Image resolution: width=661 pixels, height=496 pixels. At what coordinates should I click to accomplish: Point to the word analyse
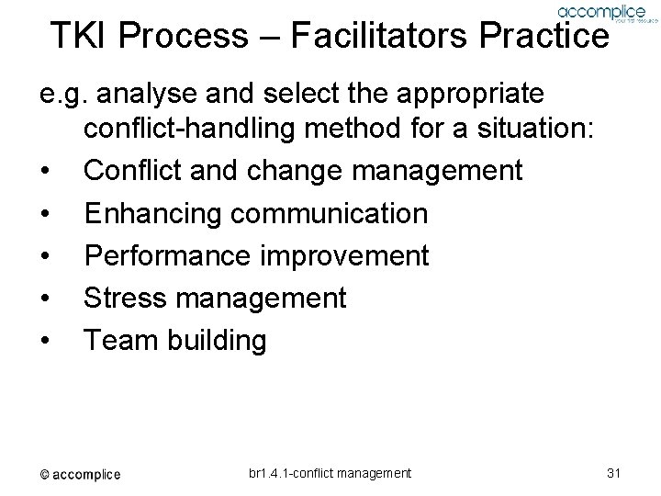tap(143, 94)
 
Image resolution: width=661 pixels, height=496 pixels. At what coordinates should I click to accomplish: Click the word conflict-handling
tap(188, 131)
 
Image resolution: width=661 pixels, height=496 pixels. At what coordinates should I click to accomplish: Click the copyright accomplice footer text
tap(79, 474)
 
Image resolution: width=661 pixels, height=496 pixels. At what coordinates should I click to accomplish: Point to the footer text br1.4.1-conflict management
tap(330, 473)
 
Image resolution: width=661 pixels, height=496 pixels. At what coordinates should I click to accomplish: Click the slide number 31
tap(614, 473)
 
